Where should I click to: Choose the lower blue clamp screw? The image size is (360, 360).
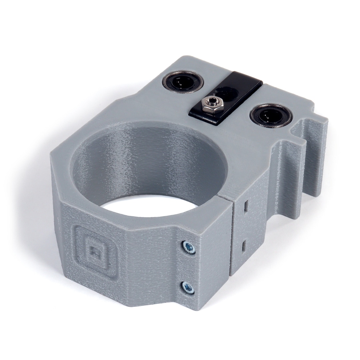(x=188, y=287)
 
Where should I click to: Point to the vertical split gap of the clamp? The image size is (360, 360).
(x=231, y=240)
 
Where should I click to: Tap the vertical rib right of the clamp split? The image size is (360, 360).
(x=287, y=180)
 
